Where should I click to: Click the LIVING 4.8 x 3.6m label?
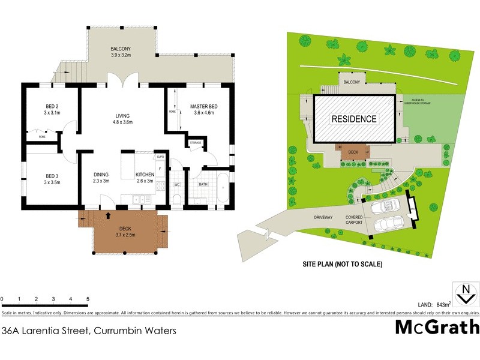123,119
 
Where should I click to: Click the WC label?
177,185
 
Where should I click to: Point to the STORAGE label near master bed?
196,143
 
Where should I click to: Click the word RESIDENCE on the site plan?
355,119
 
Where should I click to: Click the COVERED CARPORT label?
355,220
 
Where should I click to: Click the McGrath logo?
437,327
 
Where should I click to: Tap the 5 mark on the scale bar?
88,299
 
